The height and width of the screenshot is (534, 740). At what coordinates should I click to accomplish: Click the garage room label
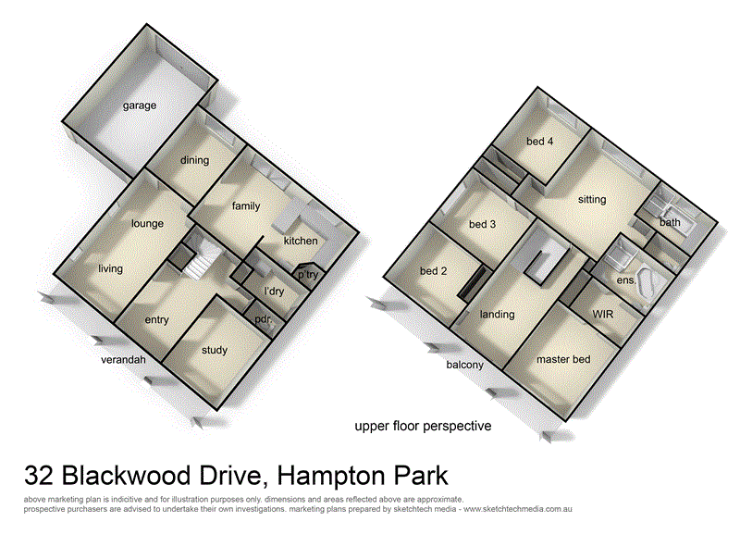pyautogui.click(x=141, y=106)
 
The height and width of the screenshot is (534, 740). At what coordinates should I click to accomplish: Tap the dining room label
pyautogui.click(x=195, y=160)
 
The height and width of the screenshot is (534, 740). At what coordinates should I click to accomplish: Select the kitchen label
pyautogui.click(x=301, y=241)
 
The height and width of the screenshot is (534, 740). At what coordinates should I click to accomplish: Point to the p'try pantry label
pyautogui.click(x=307, y=275)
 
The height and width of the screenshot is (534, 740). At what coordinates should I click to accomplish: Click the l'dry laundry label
pyautogui.click(x=275, y=292)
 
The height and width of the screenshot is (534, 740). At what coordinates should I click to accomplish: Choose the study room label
pyautogui.click(x=214, y=350)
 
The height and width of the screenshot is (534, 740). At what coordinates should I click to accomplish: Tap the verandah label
pyautogui.click(x=124, y=360)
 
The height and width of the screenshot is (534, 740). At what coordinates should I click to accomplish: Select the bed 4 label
pyautogui.click(x=540, y=142)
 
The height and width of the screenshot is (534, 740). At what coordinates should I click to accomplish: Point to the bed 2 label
pyautogui.click(x=434, y=271)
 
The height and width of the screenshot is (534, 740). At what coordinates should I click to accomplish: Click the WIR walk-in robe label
pyautogui.click(x=603, y=315)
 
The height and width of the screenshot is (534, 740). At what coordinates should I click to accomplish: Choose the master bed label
pyautogui.click(x=563, y=359)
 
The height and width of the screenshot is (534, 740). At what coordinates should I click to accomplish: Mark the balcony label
pyautogui.click(x=465, y=365)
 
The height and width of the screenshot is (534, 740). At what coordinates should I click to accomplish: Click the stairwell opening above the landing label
pyautogui.click(x=545, y=260)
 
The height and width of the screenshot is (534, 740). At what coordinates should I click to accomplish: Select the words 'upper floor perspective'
pyautogui.click(x=423, y=427)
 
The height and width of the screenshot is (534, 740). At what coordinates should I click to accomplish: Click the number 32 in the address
pyautogui.click(x=40, y=478)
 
